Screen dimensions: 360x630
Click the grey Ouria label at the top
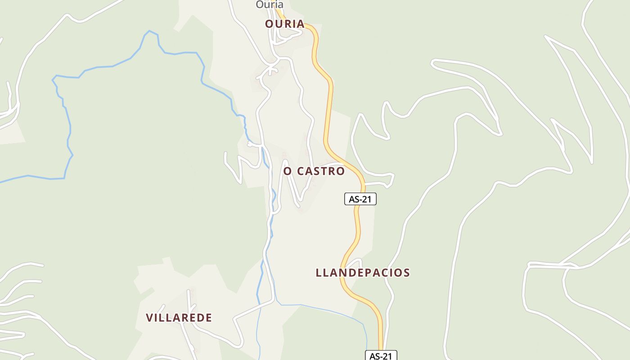270,4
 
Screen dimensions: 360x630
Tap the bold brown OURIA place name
284,24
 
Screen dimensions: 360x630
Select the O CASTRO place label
314,171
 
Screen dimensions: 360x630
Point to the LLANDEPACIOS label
363,273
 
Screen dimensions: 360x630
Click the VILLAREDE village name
179,318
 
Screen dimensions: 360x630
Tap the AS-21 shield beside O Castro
360,199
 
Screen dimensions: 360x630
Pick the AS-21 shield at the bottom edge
381,356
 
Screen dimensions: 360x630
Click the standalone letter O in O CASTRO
288,171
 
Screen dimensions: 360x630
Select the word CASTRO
321,171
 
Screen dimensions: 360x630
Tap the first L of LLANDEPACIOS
319,273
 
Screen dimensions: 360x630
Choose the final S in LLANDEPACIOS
406,273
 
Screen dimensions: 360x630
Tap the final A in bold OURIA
300,24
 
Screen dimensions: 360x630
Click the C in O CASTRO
300,171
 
